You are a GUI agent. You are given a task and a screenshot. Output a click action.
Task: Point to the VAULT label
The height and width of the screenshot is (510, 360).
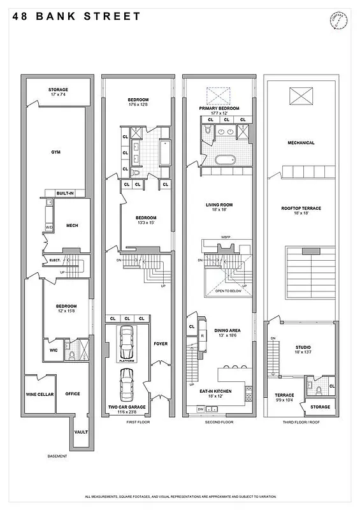click(x=81, y=432)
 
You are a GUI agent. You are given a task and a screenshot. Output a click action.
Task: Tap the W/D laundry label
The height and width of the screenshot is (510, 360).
click(x=49, y=228)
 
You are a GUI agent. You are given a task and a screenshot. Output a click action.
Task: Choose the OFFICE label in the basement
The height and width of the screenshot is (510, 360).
click(x=73, y=393)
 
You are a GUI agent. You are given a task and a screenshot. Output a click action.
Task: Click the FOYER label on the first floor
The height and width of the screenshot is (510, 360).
click(x=161, y=344)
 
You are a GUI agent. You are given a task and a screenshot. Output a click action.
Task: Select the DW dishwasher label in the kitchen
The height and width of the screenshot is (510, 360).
click(x=201, y=408)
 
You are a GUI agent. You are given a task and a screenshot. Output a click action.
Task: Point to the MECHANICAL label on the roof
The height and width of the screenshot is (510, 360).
click(x=301, y=143)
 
